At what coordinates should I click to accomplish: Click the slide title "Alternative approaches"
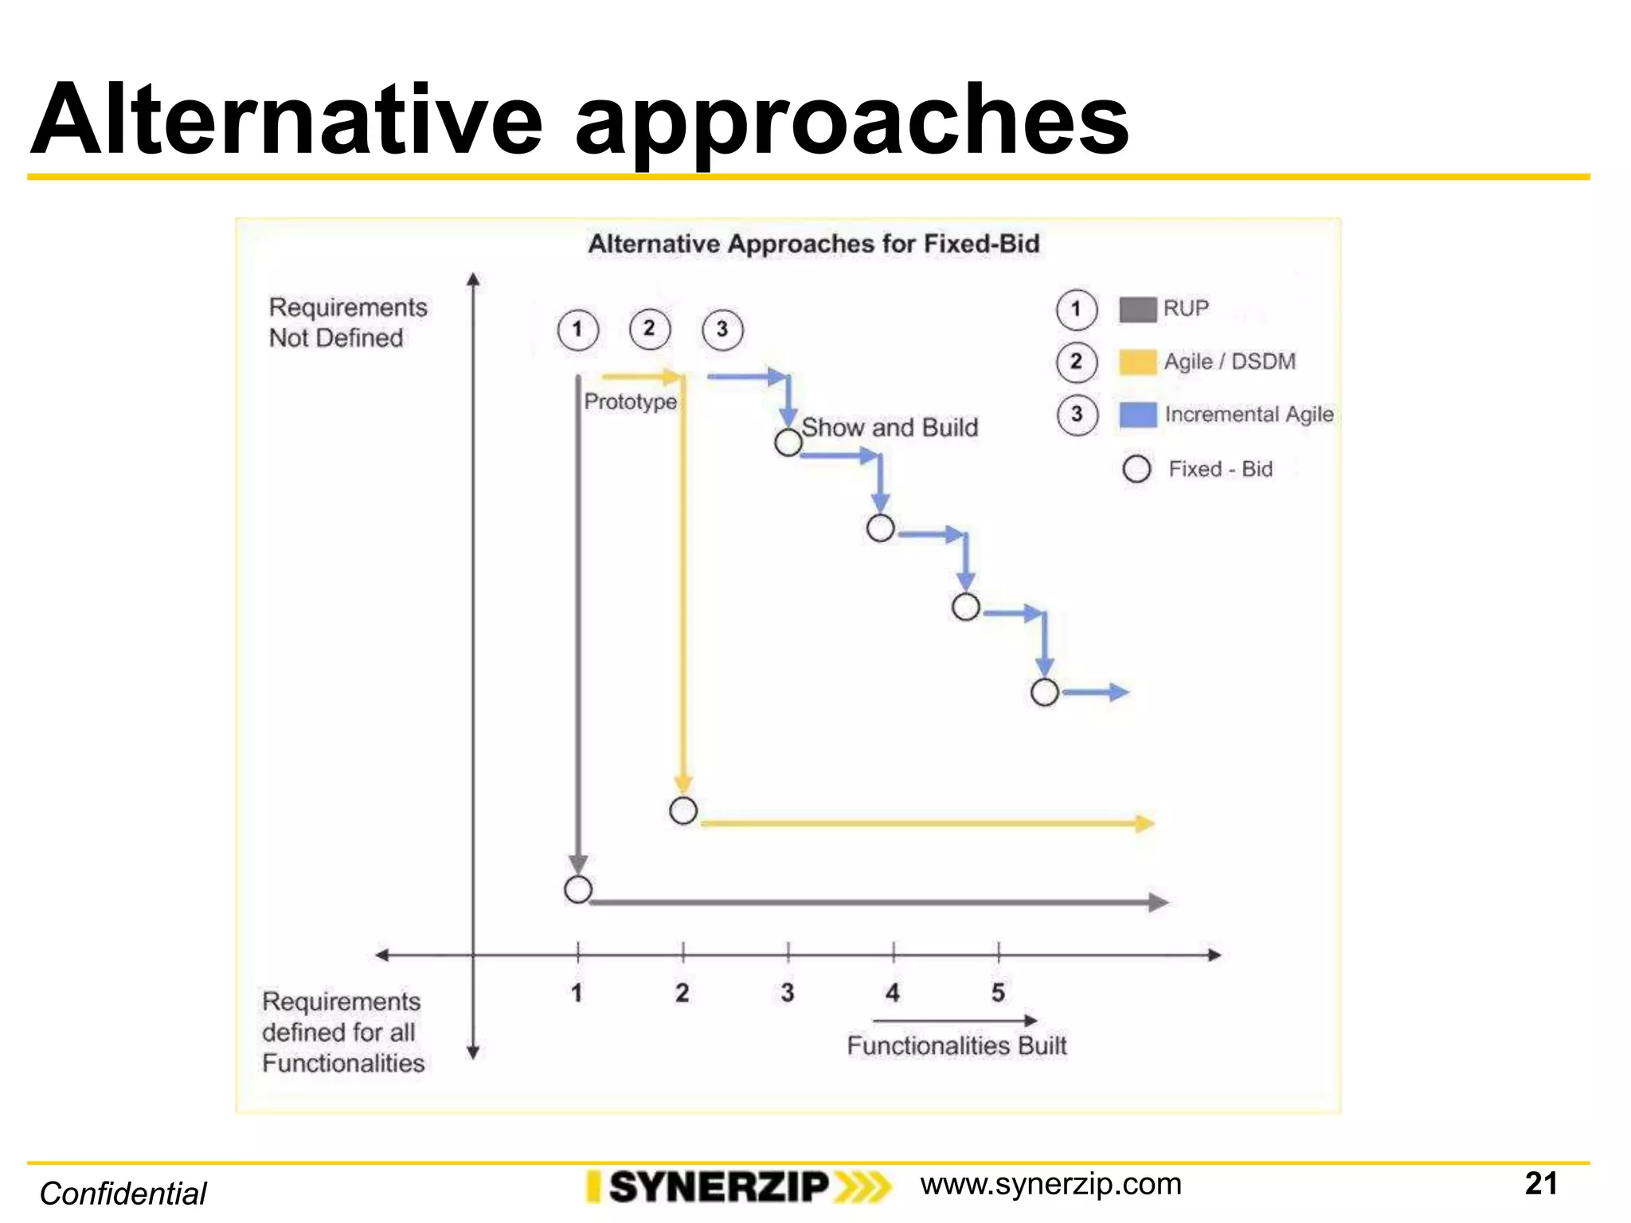click(579, 121)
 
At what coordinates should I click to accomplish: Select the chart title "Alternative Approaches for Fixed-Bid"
click(813, 244)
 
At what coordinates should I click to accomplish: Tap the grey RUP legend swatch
click(1137, 309)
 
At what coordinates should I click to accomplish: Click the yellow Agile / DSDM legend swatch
click(1137, 361)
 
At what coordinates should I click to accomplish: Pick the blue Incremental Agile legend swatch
click(1137, 415)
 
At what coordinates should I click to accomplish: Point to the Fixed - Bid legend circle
click(1136, 469)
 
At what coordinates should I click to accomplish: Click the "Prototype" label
click(630, 401)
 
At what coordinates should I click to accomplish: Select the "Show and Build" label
click(890, 428)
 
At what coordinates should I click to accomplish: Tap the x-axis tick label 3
click(788, 993)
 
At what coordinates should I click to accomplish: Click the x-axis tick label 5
click(998, 993)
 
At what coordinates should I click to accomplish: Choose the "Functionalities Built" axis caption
click(956, 1045)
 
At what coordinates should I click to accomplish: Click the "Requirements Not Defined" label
click(347, 322)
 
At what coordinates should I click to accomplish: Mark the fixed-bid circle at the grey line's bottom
click(578, 889)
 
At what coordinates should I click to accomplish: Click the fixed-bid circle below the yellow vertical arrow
click(683, 811)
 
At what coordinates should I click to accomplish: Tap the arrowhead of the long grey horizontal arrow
click(1159, 902)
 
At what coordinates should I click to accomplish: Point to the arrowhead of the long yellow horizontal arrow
click(1145, 823)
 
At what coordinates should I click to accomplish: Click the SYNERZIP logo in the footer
click(737, 1187)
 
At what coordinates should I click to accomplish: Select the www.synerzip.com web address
click(1050, 1185)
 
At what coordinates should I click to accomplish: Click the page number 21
click(1540, 1184)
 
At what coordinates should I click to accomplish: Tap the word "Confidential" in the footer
click(123, 1194)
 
